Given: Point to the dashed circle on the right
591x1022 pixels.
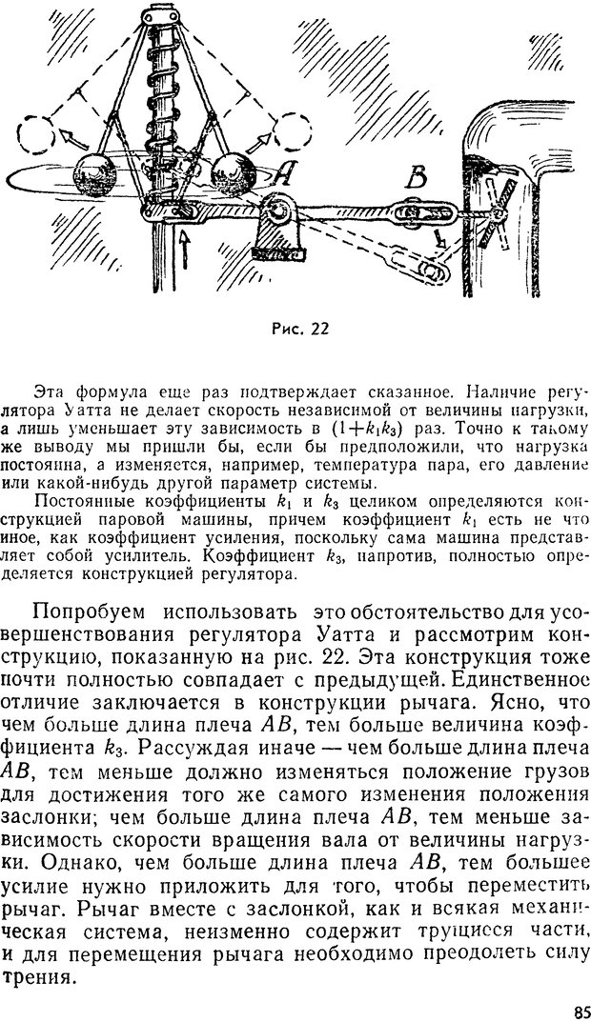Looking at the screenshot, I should pyautogui.click(x=287, y=126).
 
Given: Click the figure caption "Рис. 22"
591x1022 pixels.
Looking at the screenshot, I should pyautogui.click(x=297, y=330).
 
